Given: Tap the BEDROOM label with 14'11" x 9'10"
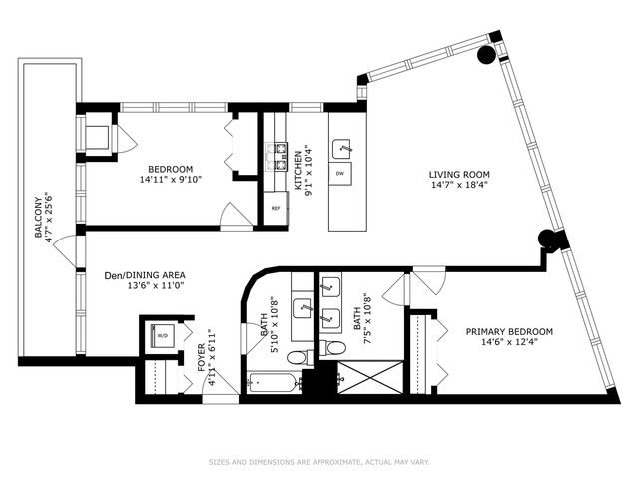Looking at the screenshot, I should [x=171, y=169].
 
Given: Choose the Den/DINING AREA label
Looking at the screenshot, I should [x=145, y=274].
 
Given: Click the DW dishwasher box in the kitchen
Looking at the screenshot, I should [x=341, y=174].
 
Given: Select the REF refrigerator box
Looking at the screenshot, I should [x=276, y=208].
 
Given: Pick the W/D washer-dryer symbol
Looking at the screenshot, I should [x=160, y=335].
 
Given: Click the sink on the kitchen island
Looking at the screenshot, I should [x=343, y=148].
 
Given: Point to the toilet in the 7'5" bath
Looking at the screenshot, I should [x=336, y=346].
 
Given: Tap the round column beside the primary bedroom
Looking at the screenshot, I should [x=545, y=239].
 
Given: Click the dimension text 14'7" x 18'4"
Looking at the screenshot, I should [x=460, y=186].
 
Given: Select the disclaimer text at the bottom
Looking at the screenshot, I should [x=319, y=461].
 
